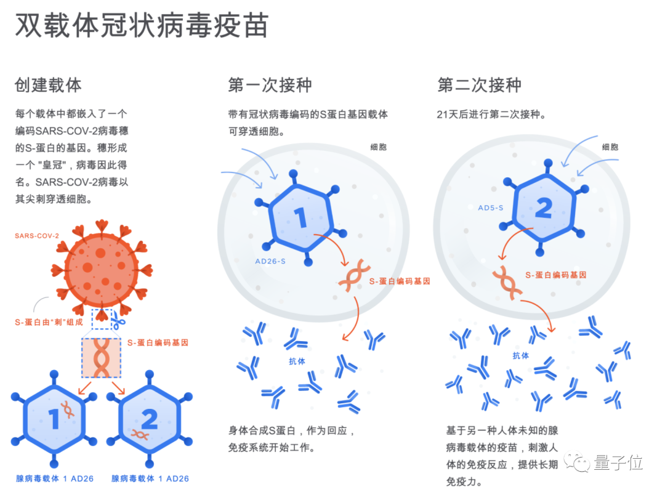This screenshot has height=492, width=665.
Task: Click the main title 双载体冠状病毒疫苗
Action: [x=141, y=26]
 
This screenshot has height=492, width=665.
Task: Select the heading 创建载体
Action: [x=47, y=85]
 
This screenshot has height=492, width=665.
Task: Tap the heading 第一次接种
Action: [x=270, y=85]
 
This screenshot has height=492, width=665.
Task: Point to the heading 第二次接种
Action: [x=479, y=85]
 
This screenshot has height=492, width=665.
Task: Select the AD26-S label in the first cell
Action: [x=270, y=260]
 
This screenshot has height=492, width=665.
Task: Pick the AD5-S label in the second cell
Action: [x=491, y=208]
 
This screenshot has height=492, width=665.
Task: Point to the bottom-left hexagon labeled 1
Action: [x=54, y=418]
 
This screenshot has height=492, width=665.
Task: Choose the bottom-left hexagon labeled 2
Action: [x=149, y=418]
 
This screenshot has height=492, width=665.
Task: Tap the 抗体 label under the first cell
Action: [x=297, y=361]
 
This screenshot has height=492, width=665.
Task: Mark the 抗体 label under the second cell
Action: [x=520, y=355]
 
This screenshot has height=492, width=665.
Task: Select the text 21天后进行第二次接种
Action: [x=490, y=115]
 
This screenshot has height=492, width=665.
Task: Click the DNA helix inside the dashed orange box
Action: [x=102, y=357]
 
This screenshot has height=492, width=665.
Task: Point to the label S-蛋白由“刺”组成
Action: [x=49, y=322]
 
